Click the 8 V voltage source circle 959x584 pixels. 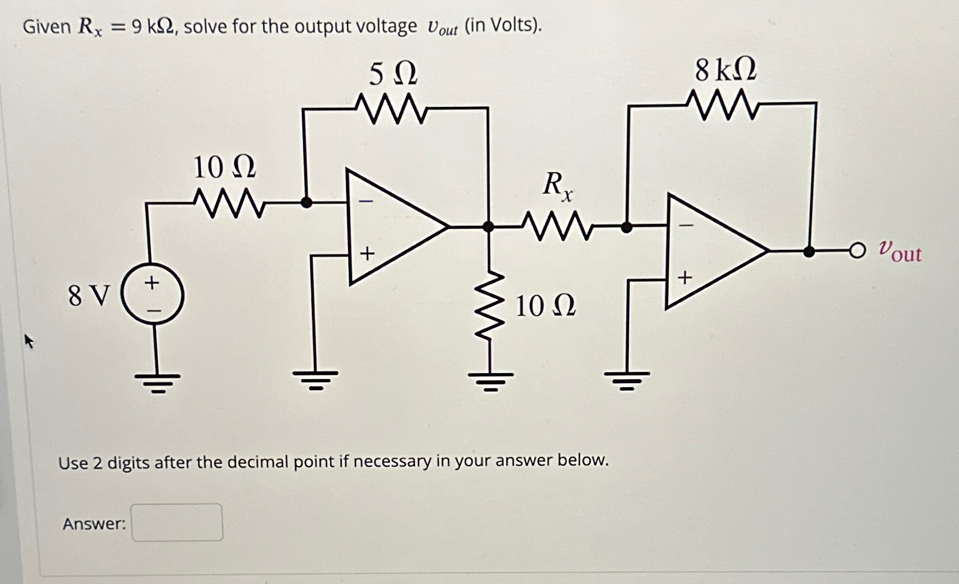tap(152, 294)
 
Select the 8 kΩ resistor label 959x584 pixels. tap(726, 70)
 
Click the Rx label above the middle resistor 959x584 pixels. tap(557, 185)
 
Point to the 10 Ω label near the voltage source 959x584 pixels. tap(225, 167)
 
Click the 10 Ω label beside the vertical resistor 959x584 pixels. tap(545, 306)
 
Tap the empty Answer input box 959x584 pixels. tap(177, 523)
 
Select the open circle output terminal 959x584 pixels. tap(857, 251)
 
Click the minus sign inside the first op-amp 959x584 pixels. tap(367, 202)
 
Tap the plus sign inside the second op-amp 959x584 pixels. tap(684, 277)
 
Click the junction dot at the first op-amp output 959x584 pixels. tap(488, 226)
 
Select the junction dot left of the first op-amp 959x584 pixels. tap(306, 202)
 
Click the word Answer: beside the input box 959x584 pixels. tap(95, 524)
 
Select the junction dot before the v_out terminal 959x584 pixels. tap(809, 251)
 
